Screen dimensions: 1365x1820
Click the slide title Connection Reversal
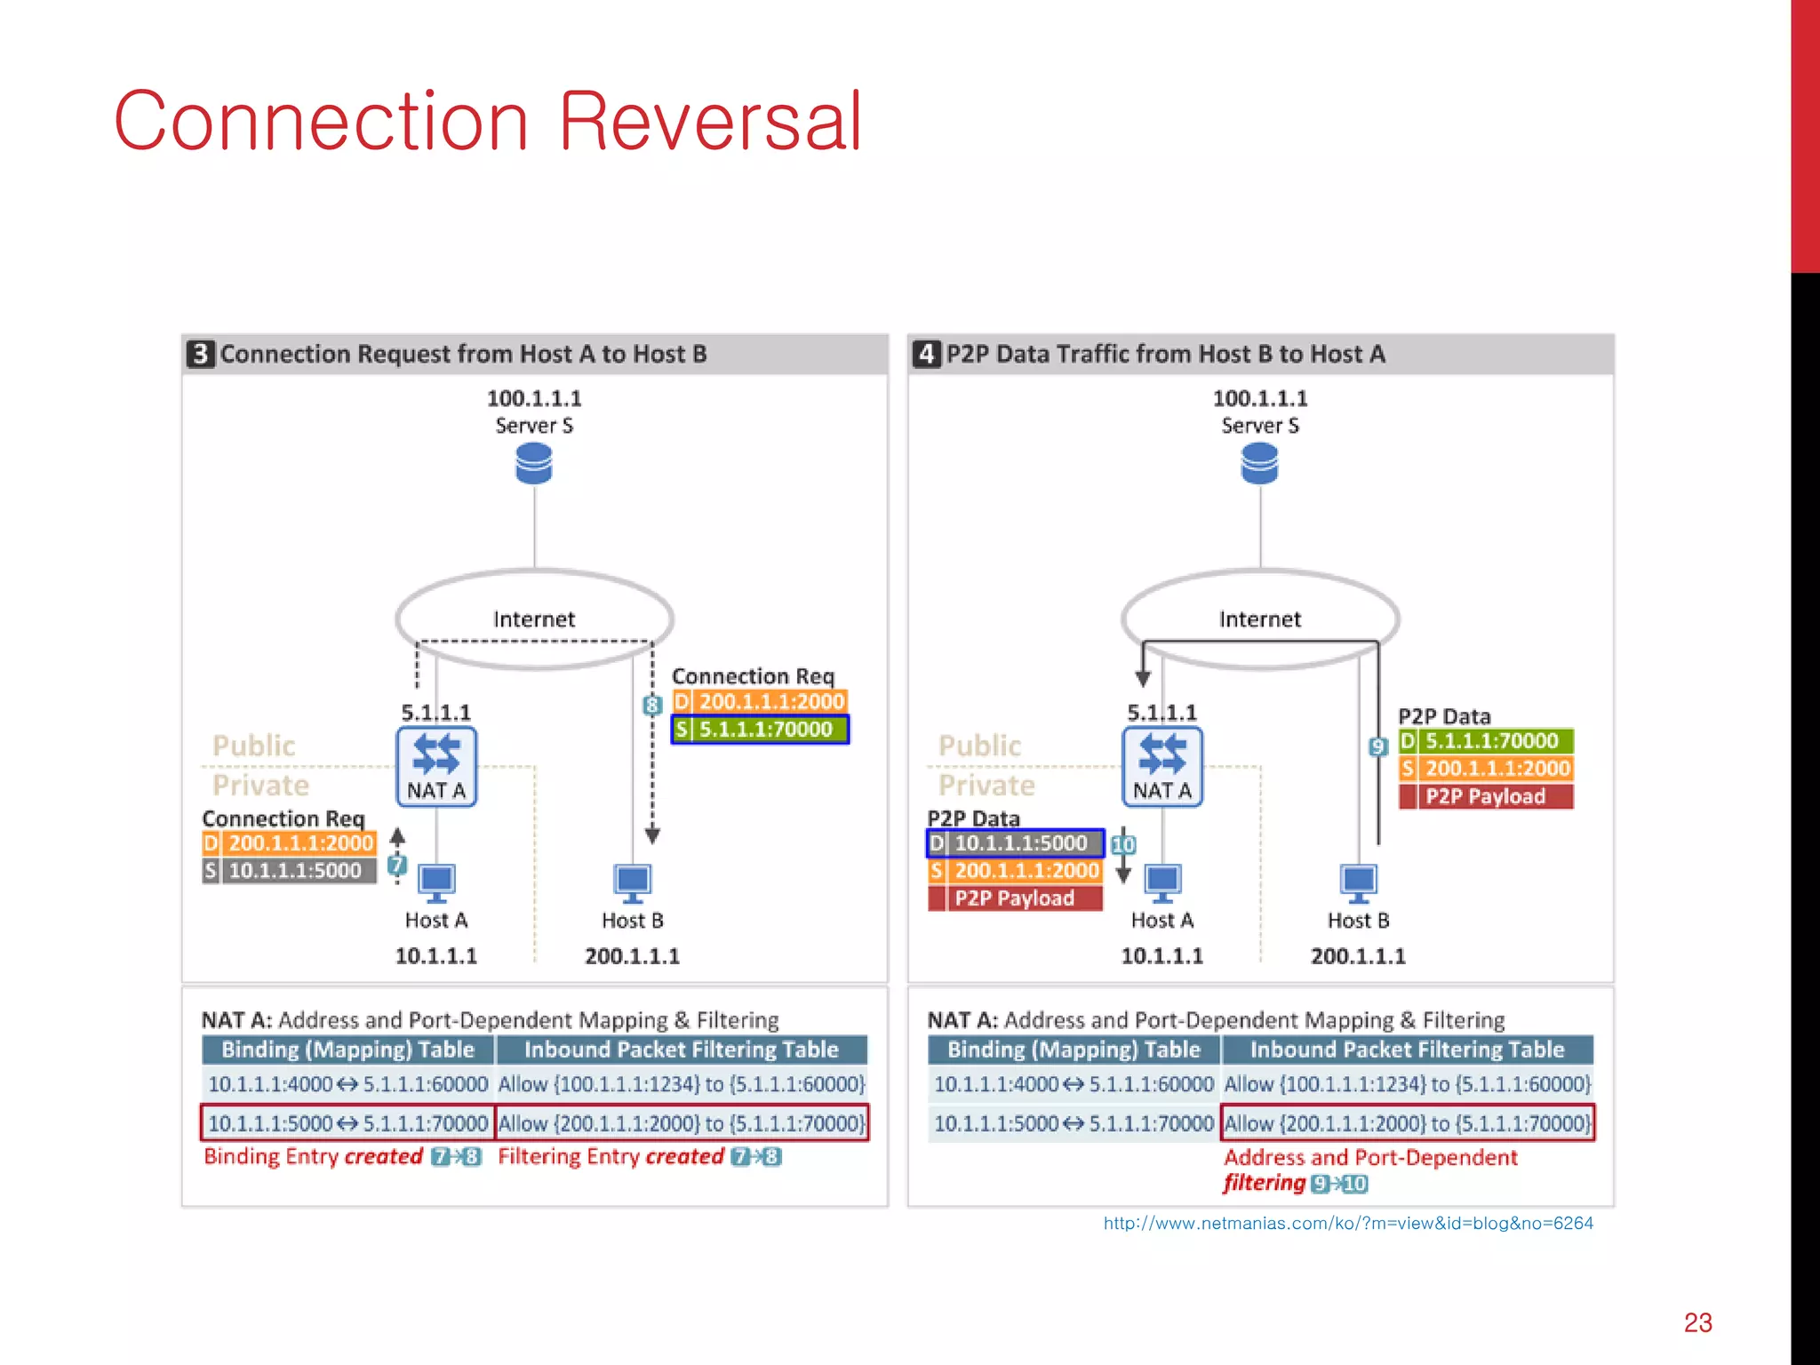pos(488,122)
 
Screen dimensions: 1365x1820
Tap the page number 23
pos(1697,1322)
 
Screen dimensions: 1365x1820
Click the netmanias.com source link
pos(1347,1224)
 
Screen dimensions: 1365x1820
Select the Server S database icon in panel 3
pos(534,464)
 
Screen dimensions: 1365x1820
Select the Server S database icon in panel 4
pos(1260,464)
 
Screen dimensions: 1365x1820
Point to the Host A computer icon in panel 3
pos(436,883)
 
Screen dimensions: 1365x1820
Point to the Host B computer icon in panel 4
pos(1358,883)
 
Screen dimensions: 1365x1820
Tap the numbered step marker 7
pos(397,864)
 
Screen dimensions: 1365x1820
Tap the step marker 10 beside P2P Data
pos(1123,844)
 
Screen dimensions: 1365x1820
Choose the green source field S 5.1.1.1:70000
pos(760,730)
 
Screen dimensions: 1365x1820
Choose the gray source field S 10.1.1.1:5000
pos(290,871)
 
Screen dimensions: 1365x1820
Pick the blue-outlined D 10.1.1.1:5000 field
pos(1015,843)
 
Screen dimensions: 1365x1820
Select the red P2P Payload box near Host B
pos(1486,796)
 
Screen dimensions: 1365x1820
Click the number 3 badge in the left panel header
pos(201,354)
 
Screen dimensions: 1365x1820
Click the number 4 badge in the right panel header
pos(927,354)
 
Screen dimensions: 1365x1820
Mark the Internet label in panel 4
pos(1260,619)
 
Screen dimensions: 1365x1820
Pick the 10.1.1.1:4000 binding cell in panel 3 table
pos(270,1084)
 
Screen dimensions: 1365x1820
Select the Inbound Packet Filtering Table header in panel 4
pos(1408,1050)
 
